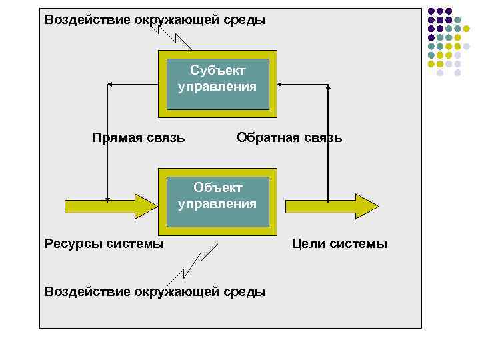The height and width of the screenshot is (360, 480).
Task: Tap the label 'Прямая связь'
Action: [x=138, y=138]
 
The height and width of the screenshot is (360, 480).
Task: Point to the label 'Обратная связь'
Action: [x=289, y=138]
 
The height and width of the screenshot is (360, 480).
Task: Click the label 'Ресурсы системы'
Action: [x=104, y=244]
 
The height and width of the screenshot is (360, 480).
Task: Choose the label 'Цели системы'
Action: [x=339, y=244]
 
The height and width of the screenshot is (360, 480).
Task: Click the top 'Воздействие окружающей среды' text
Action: [x=155, y=19]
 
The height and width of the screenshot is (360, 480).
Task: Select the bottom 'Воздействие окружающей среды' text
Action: [x=155, y=291]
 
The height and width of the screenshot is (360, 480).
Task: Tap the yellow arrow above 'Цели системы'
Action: [x=327, y=205]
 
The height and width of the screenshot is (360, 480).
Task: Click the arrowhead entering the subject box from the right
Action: [x=281, y=84]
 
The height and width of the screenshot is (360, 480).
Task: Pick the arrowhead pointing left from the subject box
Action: [x=111, y=84]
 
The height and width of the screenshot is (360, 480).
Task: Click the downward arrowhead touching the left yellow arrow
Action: [x=107, y=198]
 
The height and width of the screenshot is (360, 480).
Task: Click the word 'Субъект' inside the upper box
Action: [x=217, y=70]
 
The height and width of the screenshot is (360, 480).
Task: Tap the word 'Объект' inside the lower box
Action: [x=217, y=188]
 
